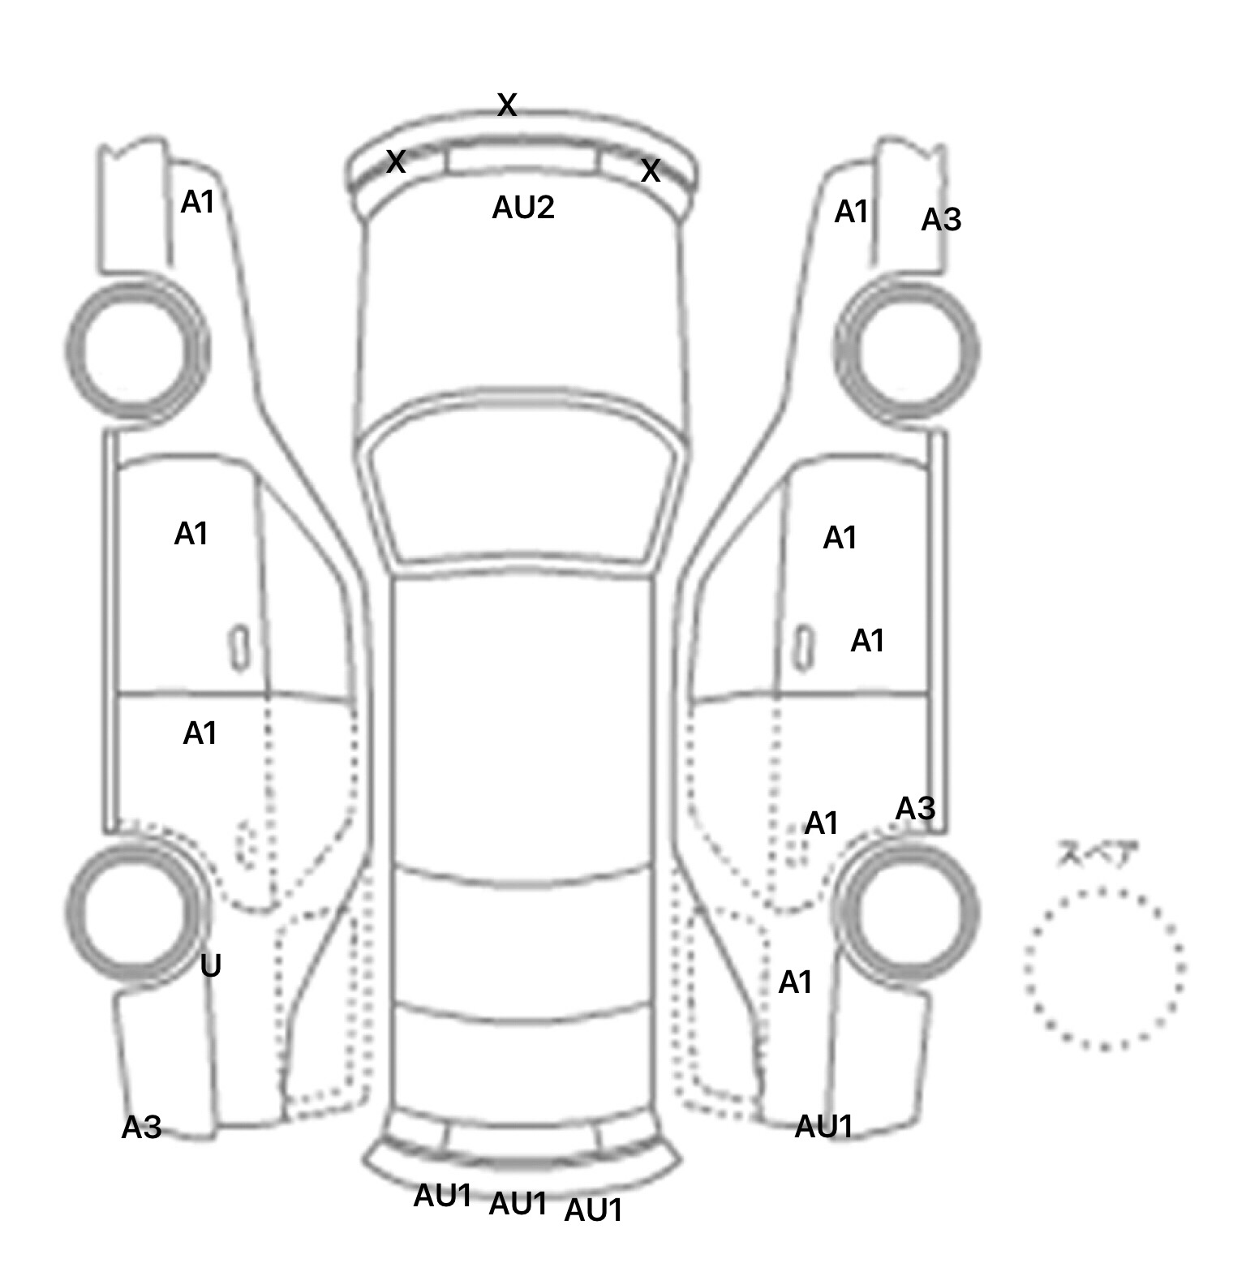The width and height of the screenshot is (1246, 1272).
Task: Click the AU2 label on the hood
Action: (x=523, y=208)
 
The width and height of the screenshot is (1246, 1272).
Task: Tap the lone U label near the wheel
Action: (x=211, y=965)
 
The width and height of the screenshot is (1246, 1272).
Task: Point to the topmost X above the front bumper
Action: (x=507, y=105)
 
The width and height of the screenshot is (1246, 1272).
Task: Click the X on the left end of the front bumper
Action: (x=396, y=161)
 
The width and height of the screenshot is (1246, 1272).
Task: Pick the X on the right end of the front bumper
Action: (x=651, y=171)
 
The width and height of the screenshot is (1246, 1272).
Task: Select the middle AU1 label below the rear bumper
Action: (x=518, y=1204)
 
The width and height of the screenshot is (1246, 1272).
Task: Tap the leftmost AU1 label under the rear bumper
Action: (x=442, y=1195)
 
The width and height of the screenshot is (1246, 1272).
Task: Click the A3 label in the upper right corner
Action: (x=941, y=219)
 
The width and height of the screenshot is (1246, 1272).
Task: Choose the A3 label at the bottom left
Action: (x=142, y=1127)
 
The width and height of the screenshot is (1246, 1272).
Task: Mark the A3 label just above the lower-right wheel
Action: (x=915, y=808)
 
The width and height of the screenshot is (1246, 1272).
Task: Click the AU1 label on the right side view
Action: (x=823, y=1126)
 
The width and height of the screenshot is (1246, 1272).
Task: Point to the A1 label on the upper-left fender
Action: (x=198, y=202)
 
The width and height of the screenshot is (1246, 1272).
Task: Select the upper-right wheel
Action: (x=907, y=351)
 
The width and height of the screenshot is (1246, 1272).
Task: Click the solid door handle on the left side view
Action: (x=239, y=648)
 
